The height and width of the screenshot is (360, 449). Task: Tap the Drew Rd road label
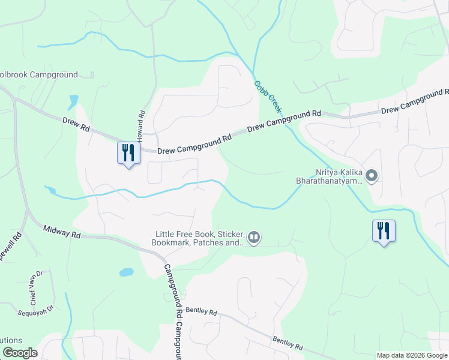[x=76, y=125]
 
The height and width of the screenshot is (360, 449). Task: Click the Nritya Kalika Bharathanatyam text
[x=329, y=175]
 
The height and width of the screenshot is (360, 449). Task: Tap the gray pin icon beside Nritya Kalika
[x=372, y=176]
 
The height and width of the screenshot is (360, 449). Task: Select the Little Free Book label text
[x=200, y=238]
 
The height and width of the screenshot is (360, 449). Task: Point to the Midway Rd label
[x=62, y=232]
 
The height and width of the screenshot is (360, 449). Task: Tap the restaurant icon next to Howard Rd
[x=127, y=153]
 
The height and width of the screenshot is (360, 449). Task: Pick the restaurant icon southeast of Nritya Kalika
[x=383, y=230]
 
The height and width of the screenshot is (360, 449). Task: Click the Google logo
[x=20, y=353]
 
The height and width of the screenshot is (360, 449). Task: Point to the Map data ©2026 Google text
[x=412, y=355]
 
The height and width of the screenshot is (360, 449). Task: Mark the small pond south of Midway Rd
[x=127, y=272]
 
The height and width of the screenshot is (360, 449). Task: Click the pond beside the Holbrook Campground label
[x=74, y=101]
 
